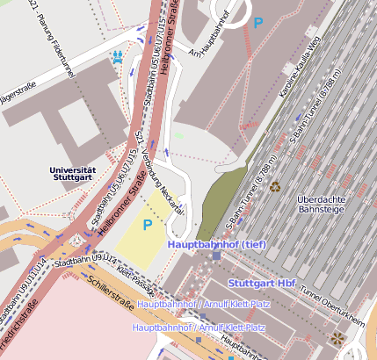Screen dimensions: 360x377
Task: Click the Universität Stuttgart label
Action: click(72, 173)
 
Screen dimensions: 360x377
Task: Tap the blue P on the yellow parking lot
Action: click(148, 225)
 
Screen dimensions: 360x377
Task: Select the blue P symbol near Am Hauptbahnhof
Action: click(257, 23)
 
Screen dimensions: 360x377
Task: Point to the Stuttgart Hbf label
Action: click(261, 284)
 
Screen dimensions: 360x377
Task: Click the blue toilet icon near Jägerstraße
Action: click(117, 58)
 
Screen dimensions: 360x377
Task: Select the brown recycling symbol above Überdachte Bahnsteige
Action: click(275, 186)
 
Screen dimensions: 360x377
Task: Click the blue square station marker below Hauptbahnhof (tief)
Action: click(216, 256)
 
